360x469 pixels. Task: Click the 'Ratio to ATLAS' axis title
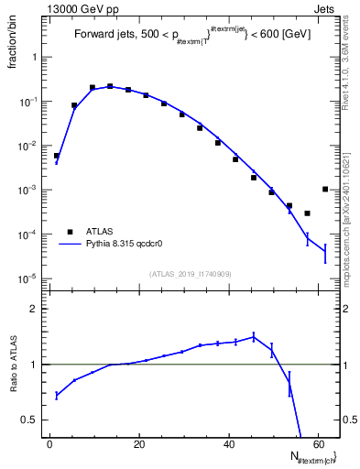pos(16,366)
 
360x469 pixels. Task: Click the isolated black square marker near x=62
pos(325,190)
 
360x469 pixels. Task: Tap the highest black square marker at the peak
pos(110,86)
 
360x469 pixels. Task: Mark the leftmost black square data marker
pos(57,156)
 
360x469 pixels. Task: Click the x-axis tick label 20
pos(139,443)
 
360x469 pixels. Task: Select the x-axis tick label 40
pos(229,443)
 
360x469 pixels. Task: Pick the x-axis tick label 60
pos(318,443)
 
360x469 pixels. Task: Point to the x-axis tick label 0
pos(50,443)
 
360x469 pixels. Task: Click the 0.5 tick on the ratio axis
pos(34,420)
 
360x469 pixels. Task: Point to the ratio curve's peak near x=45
pos(254,336)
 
